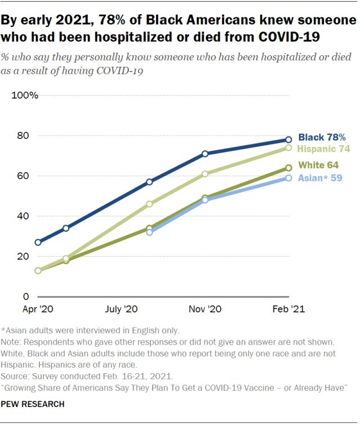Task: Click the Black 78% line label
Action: (x=322, y=137)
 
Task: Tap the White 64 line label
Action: (x=318, y=165)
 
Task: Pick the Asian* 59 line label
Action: (x=320, y=178)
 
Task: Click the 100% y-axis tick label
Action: (x=25, y=95)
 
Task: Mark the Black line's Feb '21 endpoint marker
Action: (x=288, y=140)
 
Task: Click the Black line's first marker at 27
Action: (x=38, y=242)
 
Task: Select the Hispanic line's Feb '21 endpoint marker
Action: (x=288, y=147)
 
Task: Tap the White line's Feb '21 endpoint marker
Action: (x=288, y=168)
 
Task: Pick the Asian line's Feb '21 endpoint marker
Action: (x=288, y=178)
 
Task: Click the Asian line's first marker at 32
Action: (x=149, y=232)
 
